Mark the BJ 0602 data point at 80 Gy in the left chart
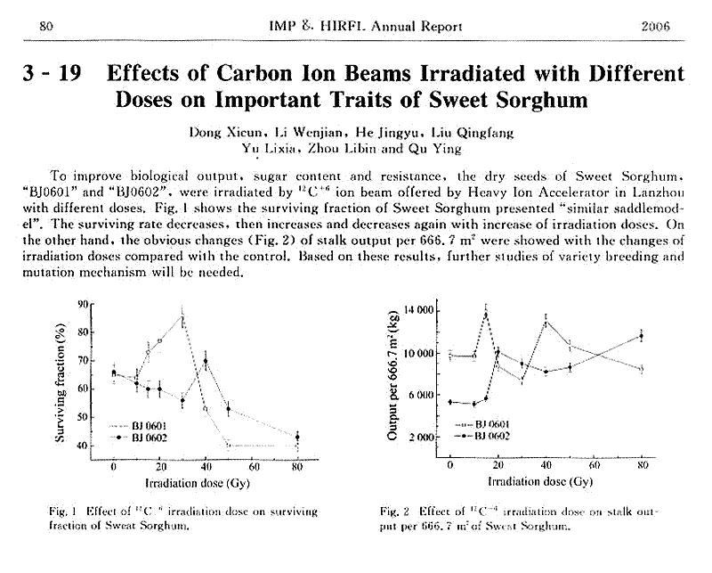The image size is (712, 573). point(297,437)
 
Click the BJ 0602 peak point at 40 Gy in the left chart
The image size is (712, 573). point(206,362)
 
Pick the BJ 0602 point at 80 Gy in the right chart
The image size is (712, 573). point(640,336)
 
